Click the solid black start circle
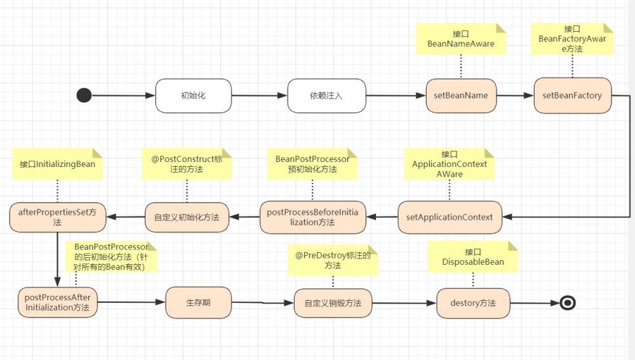tap(84, 95)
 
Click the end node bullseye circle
tap(568, 303)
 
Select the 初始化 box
tap(194, 96)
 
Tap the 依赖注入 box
tap(326, 96)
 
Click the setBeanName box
tap(461, 96)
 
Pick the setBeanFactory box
tap(572, 96)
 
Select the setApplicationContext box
tap(450, 217)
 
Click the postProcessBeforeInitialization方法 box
tap(313, 217)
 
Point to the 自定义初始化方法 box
tap(186, 217)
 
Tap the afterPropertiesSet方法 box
tap(58, 218)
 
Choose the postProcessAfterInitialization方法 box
tap(58, 303)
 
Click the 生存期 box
tap(198, 303)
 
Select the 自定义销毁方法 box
tap(333, 303)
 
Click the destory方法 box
tap(473, 303)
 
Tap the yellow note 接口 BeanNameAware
tap(461, 39)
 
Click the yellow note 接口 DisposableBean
tap(473, 257)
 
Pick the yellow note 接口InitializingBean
tap(57, 164)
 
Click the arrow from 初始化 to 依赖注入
tap(259, 96)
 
